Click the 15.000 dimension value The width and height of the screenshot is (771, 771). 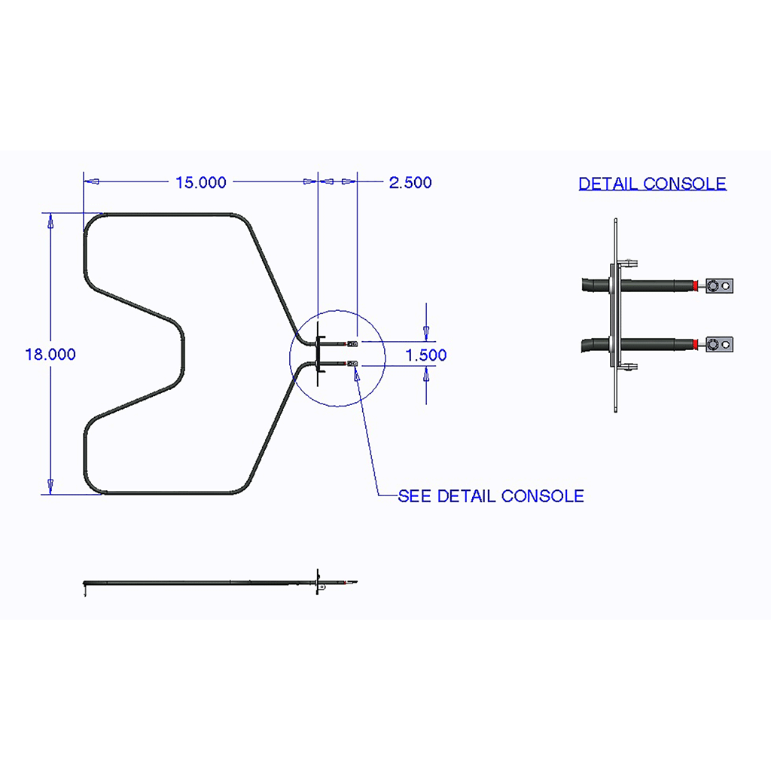[200, 182]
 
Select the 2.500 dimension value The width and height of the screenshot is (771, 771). [410, 182]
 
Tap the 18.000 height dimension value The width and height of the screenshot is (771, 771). [50, 355]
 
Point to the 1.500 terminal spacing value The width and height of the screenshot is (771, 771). [426, 355]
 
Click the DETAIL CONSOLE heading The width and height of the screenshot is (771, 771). [652, 184]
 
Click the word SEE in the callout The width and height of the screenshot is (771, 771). [415, 496]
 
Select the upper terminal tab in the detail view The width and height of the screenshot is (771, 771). [719, 285]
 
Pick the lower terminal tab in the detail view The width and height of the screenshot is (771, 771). [719, 344]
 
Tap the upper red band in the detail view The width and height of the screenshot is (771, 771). [695, 285]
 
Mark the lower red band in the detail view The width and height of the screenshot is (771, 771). [695, 344]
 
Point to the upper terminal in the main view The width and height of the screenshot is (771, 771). [352, 343]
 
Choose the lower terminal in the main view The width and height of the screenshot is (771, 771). [352, 364]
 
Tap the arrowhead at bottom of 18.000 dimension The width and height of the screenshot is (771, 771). [50, 486]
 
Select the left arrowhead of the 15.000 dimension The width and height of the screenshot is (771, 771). [92, 181]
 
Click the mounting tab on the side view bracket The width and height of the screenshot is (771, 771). [321, 587]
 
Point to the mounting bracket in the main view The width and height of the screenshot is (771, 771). [318, 354]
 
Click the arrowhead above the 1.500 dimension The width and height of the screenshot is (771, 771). [426, 333]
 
